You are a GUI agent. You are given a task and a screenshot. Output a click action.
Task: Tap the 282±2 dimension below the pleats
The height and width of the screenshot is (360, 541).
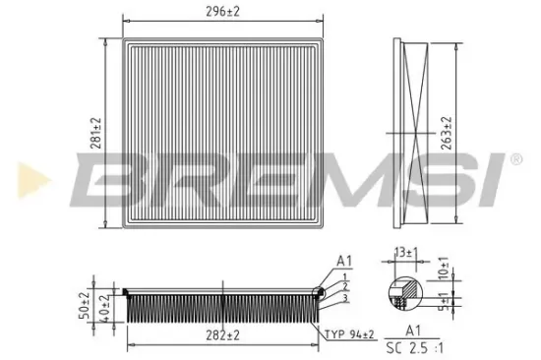221,335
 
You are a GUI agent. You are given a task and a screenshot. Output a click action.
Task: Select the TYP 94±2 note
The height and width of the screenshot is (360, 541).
350,335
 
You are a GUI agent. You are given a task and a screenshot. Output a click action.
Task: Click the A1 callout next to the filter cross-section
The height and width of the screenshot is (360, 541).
343,262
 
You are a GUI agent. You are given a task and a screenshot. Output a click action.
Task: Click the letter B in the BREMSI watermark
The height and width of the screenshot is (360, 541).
107,180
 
